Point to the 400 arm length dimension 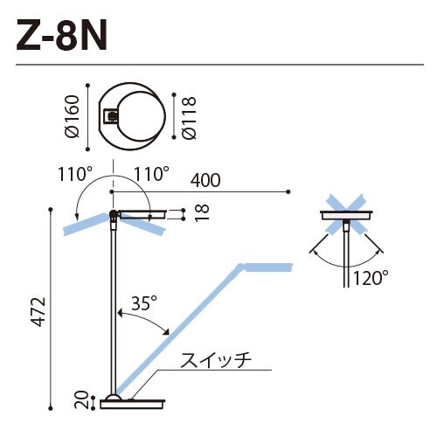click(x=203, y=181)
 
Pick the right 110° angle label click(x=150, y=174)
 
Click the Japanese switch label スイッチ click(x=216, y=359)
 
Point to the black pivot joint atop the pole click(x=113, y=214)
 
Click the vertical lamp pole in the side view click(x=113, y=306)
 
